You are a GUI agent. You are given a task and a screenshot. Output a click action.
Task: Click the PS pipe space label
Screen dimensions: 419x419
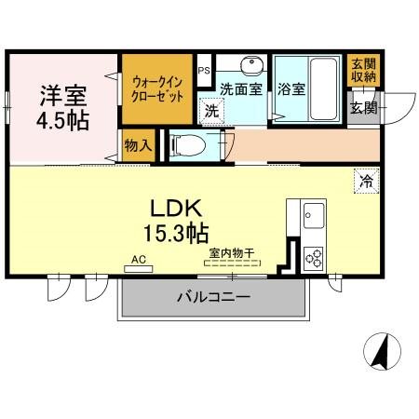tap(204, 70)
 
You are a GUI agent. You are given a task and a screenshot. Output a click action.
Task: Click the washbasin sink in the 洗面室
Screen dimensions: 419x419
tap(249, 66)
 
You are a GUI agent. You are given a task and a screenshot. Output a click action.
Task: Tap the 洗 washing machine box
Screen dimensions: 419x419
tap(210, 109)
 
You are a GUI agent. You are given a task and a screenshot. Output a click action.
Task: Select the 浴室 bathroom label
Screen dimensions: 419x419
tap(291, 90)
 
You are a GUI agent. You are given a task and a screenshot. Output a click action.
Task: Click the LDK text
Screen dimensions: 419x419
tap(169, 207)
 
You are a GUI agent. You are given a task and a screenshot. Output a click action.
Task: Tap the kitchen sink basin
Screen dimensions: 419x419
tap(310, 217)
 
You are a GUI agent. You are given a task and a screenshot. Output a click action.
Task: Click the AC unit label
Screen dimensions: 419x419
tap(139, 260)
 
